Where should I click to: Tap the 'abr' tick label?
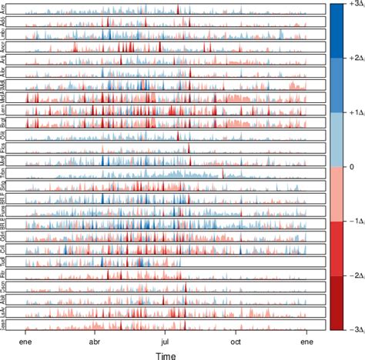click(x=95, y=340)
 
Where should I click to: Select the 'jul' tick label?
click(x=165, y=340)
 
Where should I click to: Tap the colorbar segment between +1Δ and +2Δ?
click(x=336, y=84)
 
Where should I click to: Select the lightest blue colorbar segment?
click(x=336, y=138)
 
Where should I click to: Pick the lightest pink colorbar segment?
click(x=336, y=192)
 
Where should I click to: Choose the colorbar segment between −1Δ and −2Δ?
click(x=336, y=247)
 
